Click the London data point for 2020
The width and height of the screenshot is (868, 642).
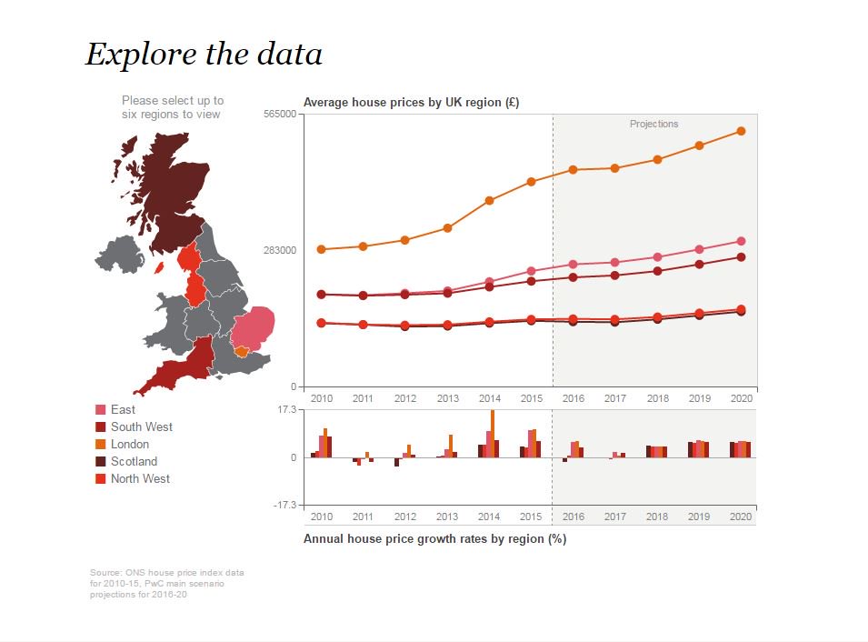[741, 131]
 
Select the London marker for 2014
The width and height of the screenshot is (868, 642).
[489, 200]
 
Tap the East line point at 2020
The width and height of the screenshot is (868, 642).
[741, 241]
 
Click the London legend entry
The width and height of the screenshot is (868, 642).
[129, 444]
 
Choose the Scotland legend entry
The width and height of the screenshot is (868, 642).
[134, 461]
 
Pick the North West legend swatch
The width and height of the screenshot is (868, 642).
[101, 479]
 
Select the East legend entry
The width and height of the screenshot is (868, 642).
[123, 410]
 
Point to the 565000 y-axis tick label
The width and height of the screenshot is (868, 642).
[279, 114]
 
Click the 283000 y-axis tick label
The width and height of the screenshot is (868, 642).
[279, 250]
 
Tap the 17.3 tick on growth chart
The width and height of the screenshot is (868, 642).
[286, 411]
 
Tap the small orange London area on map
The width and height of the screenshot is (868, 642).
[241, 351]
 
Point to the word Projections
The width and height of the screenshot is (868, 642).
[653, 124]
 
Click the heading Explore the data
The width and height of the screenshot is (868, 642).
[204, 55]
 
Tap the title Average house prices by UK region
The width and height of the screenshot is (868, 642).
[411, 103]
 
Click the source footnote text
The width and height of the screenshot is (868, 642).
[166, 582]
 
